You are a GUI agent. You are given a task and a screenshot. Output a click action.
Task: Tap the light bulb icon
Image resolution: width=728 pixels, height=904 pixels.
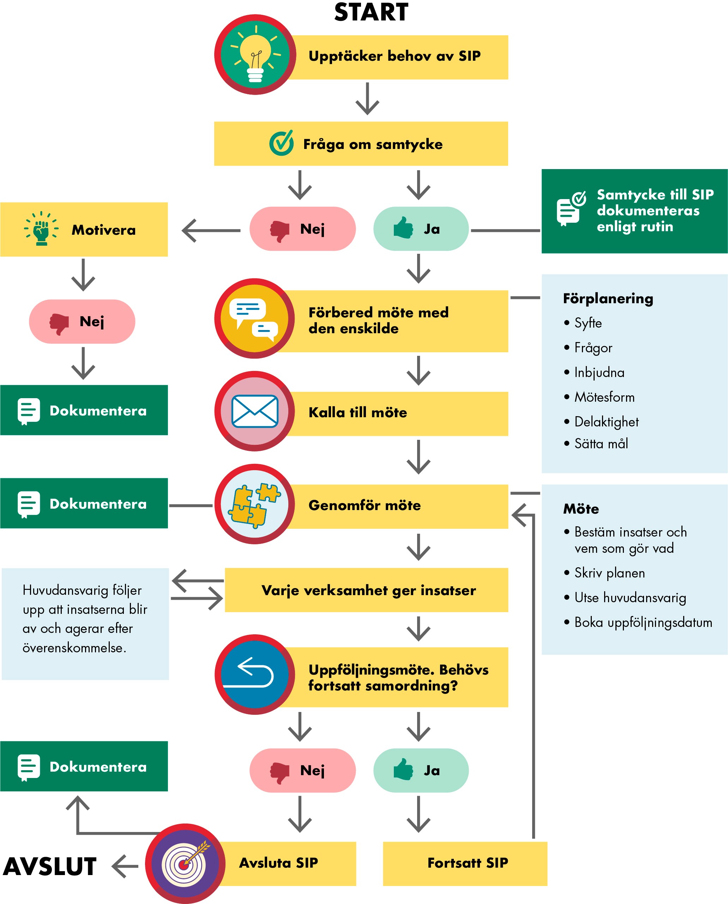[255, 54]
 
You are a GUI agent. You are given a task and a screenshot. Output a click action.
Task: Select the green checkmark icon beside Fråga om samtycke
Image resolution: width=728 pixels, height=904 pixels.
[281, 143]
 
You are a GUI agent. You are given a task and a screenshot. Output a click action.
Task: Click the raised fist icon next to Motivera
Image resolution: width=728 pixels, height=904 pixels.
[41, 229]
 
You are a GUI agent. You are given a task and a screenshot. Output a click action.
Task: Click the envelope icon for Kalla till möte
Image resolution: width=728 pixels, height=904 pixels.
[254, 411]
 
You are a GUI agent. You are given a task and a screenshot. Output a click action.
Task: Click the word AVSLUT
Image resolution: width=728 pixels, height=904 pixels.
[50, 867]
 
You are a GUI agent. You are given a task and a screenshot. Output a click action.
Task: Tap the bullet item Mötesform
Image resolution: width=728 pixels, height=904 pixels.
[604, 397]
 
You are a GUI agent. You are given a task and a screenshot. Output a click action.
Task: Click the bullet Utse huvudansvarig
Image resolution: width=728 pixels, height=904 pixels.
[630, 597]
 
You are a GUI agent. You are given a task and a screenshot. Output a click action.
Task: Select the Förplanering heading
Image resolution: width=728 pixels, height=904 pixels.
[608, 299]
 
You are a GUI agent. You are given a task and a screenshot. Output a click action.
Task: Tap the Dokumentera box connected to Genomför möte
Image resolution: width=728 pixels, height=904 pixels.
[84, 503]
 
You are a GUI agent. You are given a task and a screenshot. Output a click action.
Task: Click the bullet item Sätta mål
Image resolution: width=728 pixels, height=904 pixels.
[601, 444]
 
